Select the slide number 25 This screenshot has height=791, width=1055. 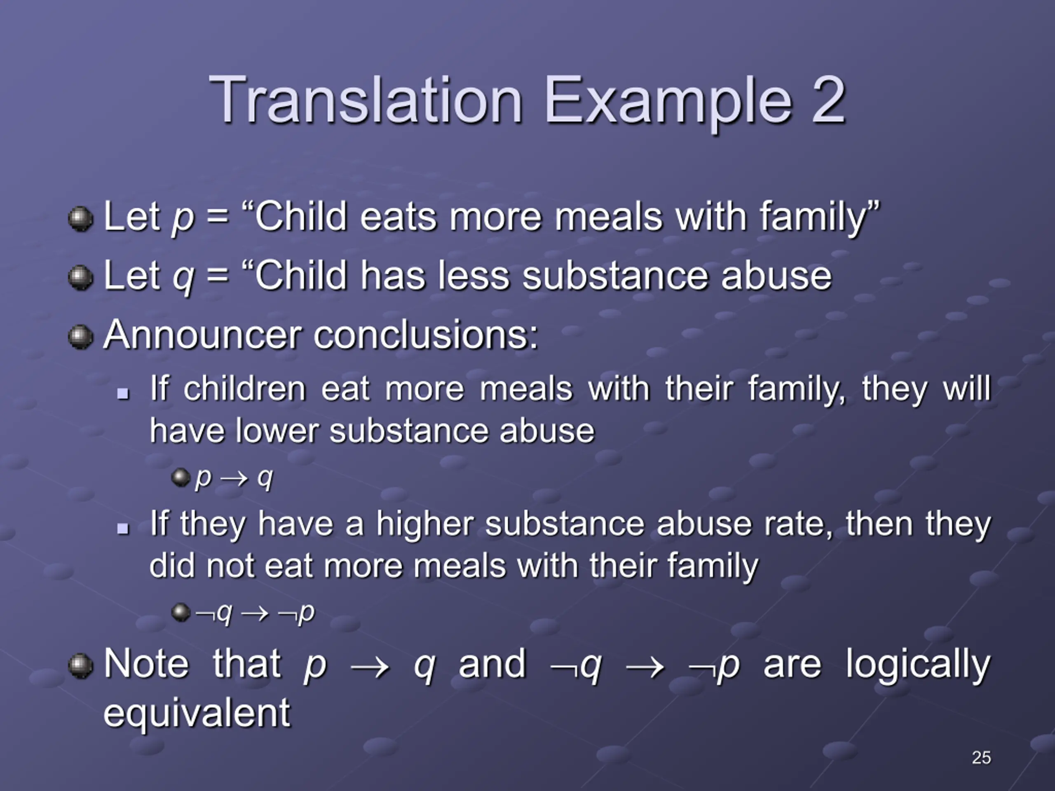coord(981,757)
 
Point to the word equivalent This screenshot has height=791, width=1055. coord(197,713)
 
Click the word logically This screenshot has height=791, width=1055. coord(918,665)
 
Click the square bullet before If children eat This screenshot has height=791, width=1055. coord(123,393)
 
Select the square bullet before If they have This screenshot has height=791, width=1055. coord(123,528)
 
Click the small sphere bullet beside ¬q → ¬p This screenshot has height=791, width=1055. coord(181,612)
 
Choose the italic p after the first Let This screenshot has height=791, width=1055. coord(183,218)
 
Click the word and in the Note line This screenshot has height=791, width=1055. coord(492,664)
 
